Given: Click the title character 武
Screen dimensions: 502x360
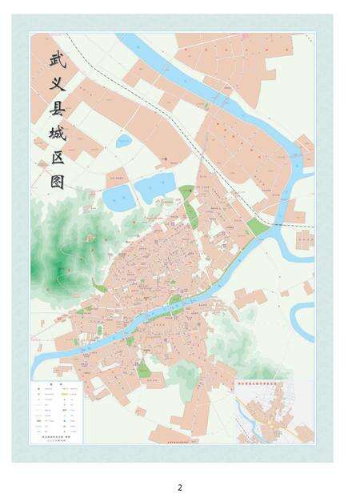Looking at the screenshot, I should (x=56, y=58).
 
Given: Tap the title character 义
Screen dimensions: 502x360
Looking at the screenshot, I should (x=56, y=84).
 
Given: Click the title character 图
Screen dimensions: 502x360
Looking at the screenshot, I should (x=56, y=182).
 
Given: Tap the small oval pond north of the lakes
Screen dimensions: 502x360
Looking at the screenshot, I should (x=124, y=142).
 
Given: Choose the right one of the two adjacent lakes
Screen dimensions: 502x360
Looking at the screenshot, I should (x=154, y=187).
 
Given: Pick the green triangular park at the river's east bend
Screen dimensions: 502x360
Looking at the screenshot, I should (x=257, y=227).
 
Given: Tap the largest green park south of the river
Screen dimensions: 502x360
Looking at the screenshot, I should (x=143, y=369).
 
